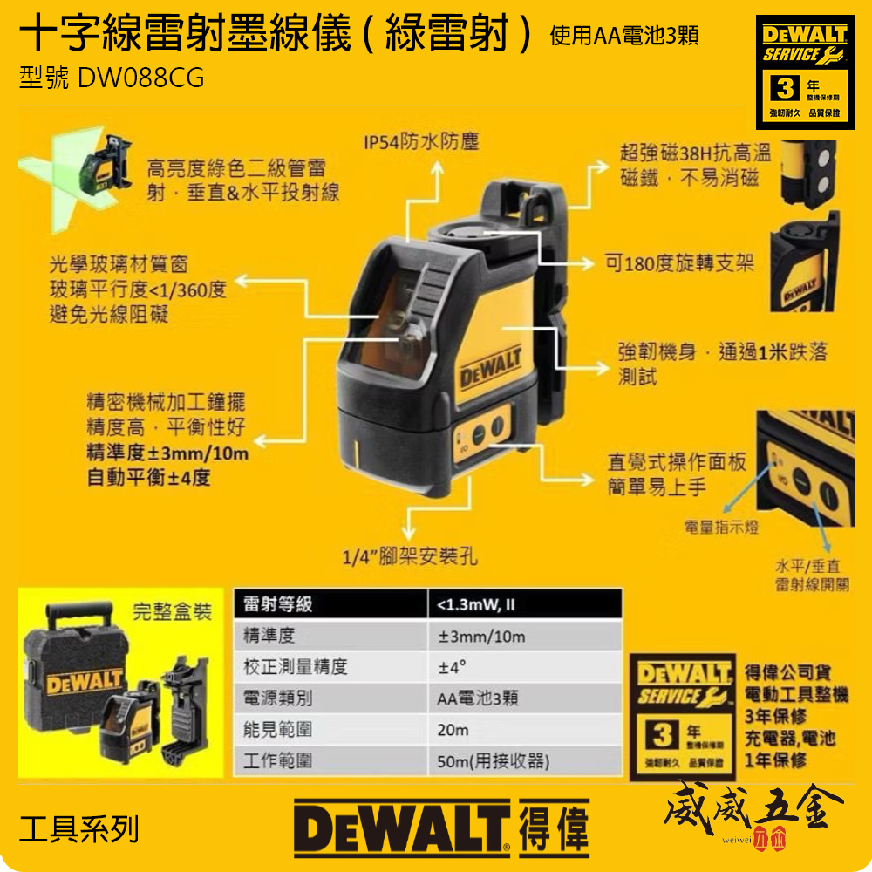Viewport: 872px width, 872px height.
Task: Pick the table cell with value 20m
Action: tap(453, 730)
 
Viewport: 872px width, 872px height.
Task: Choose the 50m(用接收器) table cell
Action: tap(494, 761)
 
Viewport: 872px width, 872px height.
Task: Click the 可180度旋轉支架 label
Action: tap(679, 262)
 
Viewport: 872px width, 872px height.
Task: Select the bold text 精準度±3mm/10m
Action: tap(167, 453)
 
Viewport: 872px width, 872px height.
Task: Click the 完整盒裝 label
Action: tap(172, 611)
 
